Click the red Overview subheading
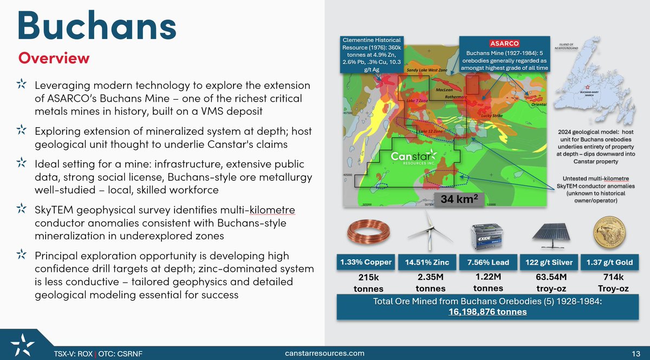(x=54, y=57)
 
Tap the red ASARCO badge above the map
(x=504, y=43)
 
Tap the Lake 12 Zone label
(x=431, y=132)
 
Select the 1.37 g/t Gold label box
(x=609, y=263)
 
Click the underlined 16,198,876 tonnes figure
(x=487, y=311)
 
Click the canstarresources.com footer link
(x=324, y=353)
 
